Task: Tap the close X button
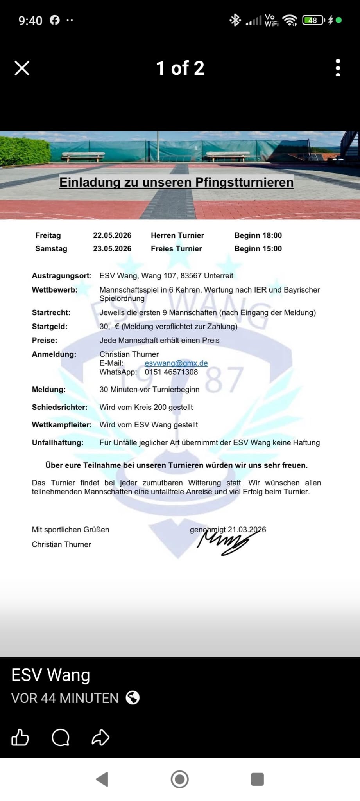tap(22, 68)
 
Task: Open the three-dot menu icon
tap(338, 68)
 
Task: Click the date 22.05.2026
tap(112, 235)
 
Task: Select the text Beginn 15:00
tap(258, 249)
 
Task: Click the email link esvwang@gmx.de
tap(176, 363)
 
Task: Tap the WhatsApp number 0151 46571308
tap(171, 372)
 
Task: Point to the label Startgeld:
tap(50, 327)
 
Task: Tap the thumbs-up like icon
tap(20, 738)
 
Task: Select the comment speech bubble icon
tap(61, 738)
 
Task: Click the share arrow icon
tap(100, 738)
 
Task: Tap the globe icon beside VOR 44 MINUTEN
tap(133, 698)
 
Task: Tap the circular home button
tap(180, 779)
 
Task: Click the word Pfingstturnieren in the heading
tap(244, 182)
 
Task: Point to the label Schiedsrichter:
tap(60, 407)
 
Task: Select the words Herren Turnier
tap(177, 235)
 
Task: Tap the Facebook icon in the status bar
tap(55, 20)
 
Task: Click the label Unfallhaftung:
tap(58, 443)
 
